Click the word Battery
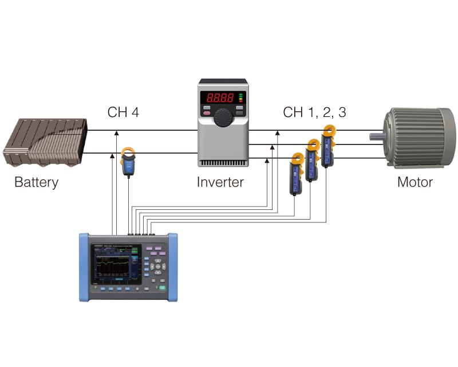36,183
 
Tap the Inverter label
220,183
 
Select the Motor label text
415,183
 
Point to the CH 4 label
123,112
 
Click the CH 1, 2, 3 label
314,112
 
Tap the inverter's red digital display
220,97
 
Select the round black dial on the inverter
223,118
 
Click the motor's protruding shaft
376,136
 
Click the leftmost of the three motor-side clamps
297,174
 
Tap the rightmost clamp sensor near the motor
327,147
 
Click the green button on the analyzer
163,290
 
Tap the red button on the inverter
206,113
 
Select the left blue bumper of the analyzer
84,267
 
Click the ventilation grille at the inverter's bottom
222,163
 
